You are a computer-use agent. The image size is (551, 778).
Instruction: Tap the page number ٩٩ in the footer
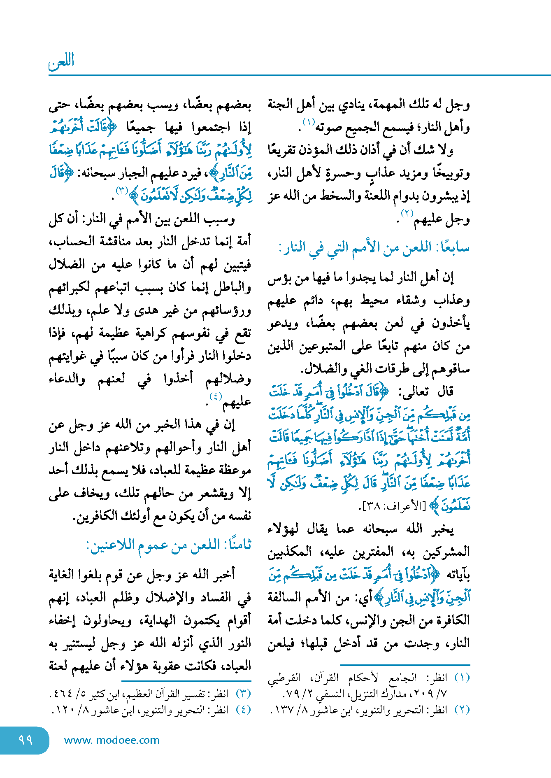tap(25, 740)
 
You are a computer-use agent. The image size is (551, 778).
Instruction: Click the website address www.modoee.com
tap(112, 740)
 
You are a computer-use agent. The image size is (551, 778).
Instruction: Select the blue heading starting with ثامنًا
tap(168, 545)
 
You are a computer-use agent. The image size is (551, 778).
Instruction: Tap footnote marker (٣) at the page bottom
tap(243, 694)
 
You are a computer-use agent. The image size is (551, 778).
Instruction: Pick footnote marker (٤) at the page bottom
tap(243, 710)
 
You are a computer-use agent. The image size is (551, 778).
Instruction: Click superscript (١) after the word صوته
tap(309, 122)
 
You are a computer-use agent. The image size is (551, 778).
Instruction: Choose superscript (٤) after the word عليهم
tap(215, 396)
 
